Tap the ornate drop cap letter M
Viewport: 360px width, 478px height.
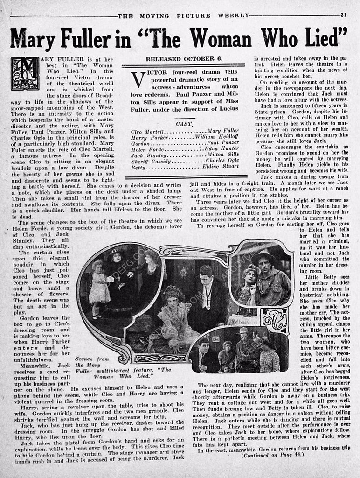[25, 74]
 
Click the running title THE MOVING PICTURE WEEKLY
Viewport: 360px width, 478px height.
[183, 15]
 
